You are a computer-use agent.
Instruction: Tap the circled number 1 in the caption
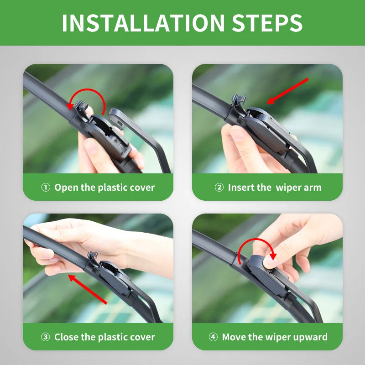click(x=46, y=188)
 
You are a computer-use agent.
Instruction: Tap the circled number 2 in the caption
click(x=219, y=188)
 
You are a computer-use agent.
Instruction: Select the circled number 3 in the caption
click(x=46, y=338)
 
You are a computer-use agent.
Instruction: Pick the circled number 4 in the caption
click(x=213, y=338)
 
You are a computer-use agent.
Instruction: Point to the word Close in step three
click(x=67, y=338)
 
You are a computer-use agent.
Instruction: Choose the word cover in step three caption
click(x=142, y=338)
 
